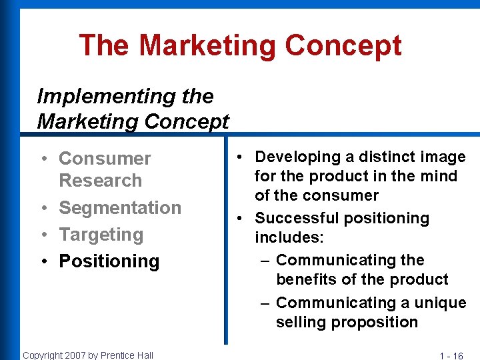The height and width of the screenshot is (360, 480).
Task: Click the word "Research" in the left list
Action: (x=100, y=181)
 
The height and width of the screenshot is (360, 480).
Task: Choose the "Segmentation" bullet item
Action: (x=120, y=208)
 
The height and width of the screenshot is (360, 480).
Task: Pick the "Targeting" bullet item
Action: (x=101, y=235)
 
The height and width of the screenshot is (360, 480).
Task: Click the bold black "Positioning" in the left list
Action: (x=109, y=261)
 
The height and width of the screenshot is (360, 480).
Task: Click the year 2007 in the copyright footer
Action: (x=71, y=355)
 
